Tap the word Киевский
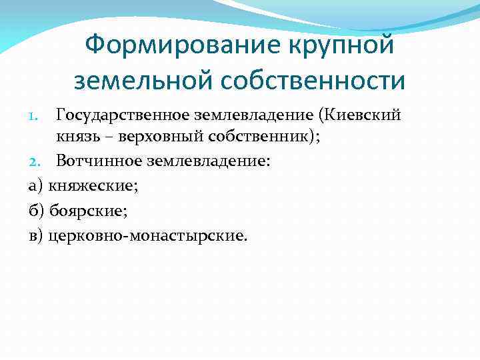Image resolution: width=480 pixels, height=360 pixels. point(364,115)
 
